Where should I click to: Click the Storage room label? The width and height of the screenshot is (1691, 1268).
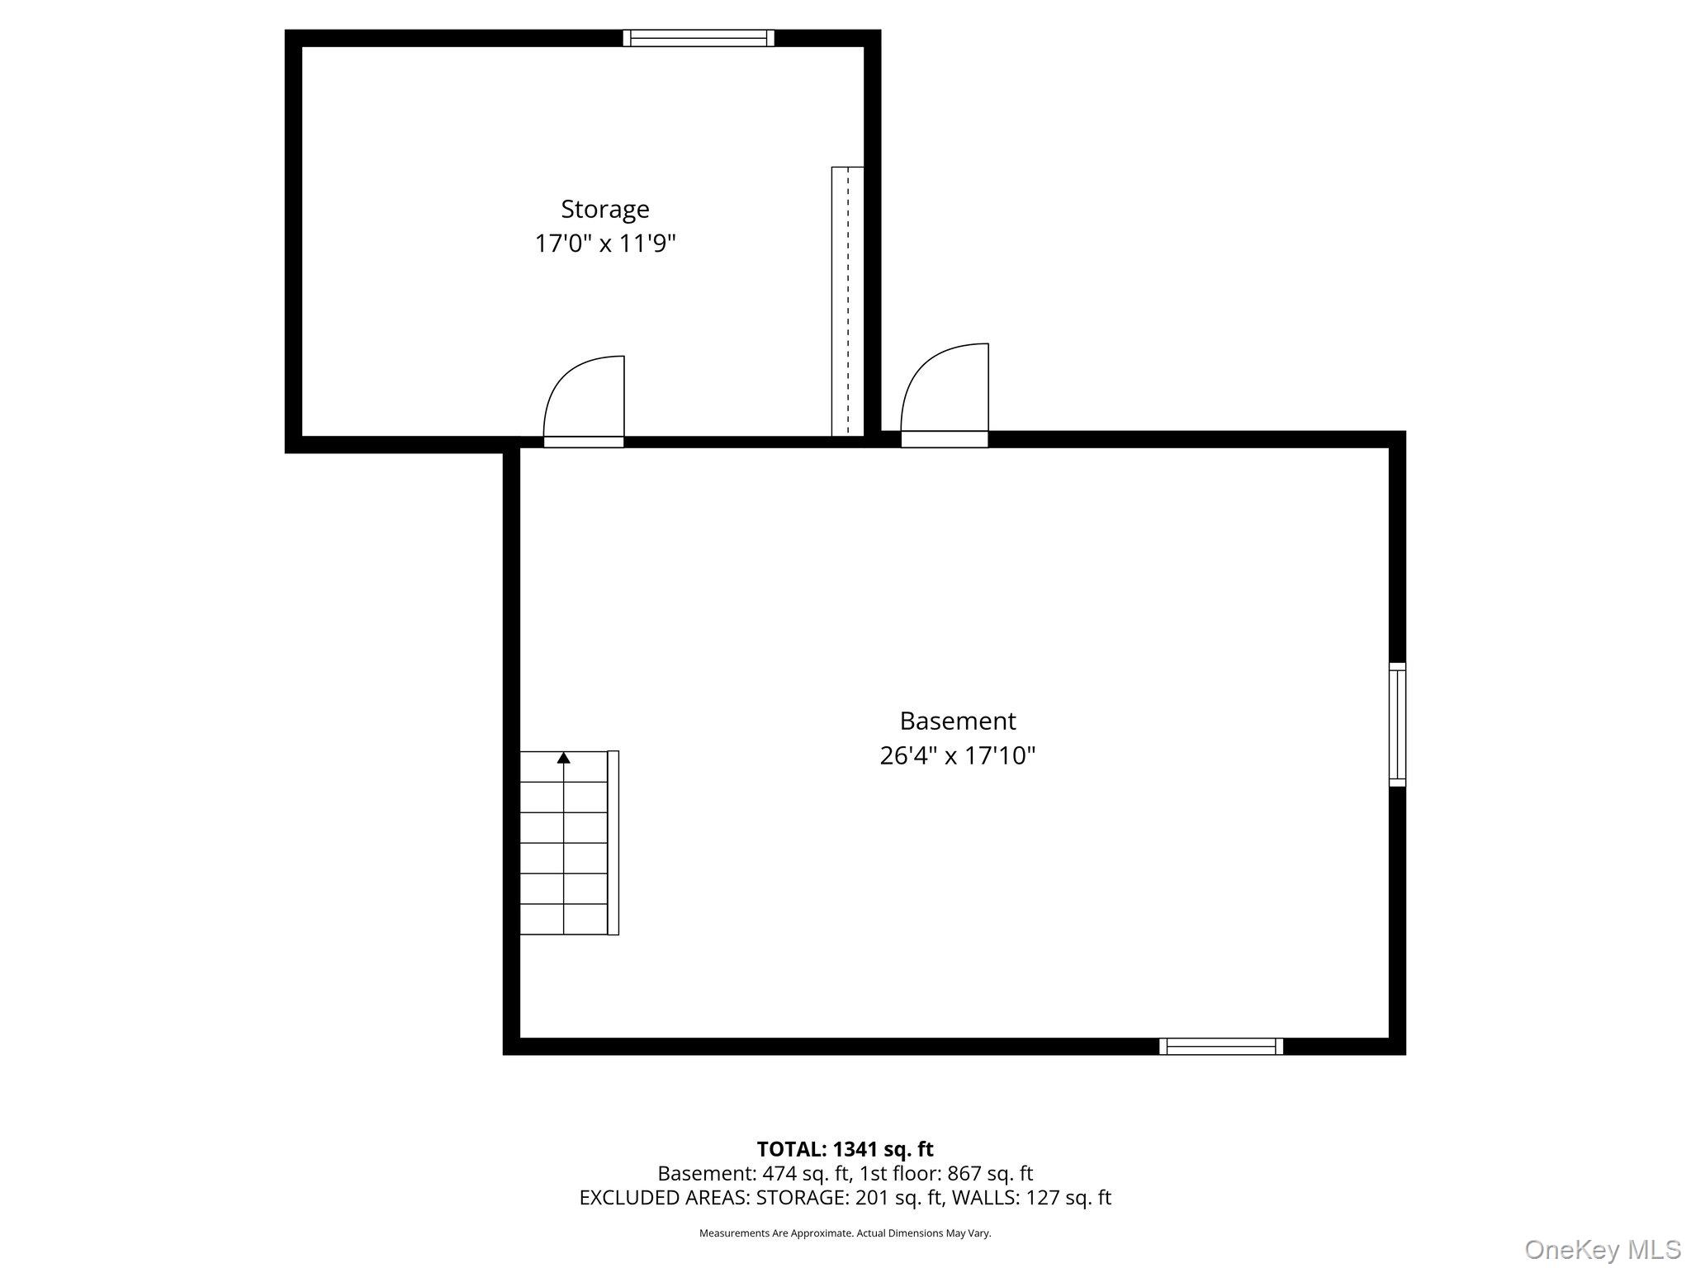(605, 210)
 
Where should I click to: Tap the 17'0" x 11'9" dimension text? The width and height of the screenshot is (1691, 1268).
(605, 244)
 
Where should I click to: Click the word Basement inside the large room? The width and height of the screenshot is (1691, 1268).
(958, 721)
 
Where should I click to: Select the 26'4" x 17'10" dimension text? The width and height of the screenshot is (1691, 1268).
(958, 755)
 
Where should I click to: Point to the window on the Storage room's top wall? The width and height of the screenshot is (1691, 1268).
(699, 38)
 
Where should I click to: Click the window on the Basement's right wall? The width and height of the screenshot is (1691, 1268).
(1397, 724)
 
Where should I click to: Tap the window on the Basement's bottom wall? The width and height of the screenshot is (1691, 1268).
(1221, 1046)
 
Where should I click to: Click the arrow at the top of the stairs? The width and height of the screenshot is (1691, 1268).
(564, 757)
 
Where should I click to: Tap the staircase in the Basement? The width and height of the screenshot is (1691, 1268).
(564, 843)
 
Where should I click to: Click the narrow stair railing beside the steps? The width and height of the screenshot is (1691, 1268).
(613, 843)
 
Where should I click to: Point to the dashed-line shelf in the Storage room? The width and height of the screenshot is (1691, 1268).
(848, 301)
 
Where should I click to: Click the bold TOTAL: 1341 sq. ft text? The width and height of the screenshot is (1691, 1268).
(845, 1148)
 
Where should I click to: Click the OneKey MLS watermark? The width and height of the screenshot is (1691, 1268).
(1603, 1249)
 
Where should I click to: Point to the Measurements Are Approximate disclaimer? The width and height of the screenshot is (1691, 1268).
(845, 1233)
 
